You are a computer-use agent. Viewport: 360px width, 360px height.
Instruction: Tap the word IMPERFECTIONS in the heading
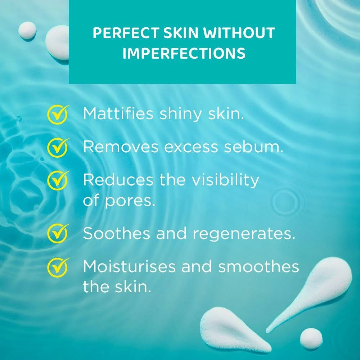pyautogui.click(x=184, y=53)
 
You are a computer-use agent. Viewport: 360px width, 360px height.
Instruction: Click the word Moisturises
pyautogui.click(x=128, y=267)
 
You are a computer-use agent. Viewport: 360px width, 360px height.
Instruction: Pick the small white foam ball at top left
pyautogui.click(x=27, y=30)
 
